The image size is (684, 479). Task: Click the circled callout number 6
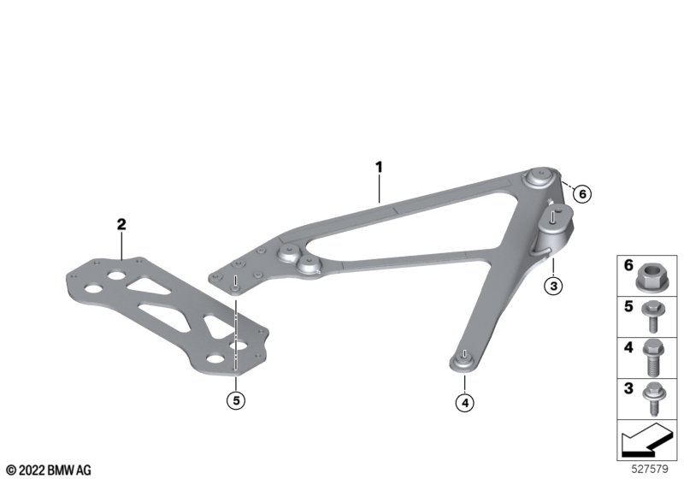[x=582, y=193]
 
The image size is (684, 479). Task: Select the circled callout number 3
[x=553, y=287]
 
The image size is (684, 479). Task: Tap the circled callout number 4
[x=464, y=403]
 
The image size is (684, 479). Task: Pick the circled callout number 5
[x=236, y=400]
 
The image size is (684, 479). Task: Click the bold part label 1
[x=379, y=167]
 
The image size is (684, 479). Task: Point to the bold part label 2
[x=121, y=224]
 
